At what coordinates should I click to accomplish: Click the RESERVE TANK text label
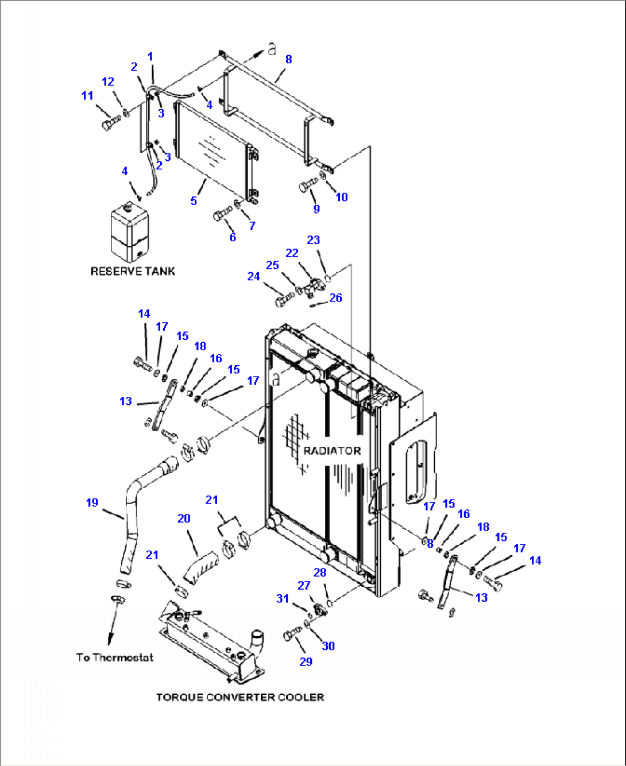[x=133, y=271]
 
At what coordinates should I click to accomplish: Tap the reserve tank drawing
[x=129, y=232]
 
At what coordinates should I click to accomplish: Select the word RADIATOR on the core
[x=332, y=451]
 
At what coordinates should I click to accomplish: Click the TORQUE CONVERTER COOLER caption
[x=240, y=697]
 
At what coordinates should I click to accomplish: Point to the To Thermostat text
[x=115, y=657]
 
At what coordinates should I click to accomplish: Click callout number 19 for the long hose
[x=92, y=502]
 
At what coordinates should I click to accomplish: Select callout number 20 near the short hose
[x=184, y=519]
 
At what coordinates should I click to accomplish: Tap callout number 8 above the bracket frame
[x=288, y=59]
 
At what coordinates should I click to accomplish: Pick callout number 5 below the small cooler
[x=194, y=200]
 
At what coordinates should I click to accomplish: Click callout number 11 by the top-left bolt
[x=87, y=95]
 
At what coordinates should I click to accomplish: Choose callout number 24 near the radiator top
[x=253, y=276]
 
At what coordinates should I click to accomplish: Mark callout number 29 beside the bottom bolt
[x=306, y=661]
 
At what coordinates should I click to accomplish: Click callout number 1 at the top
[x=150, y=56]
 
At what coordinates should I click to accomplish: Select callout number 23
[x=313, y=240]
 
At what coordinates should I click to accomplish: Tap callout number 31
[x=283, y=598]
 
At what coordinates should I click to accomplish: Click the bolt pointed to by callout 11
[x=110, y=123]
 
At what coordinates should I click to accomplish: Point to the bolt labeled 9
[x=307, y=185]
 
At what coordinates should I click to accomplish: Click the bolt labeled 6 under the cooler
[x=221, y=216]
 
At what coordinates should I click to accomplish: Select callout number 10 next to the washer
[x=342, y=197]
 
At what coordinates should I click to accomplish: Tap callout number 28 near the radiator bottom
[x=320, y=572]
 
